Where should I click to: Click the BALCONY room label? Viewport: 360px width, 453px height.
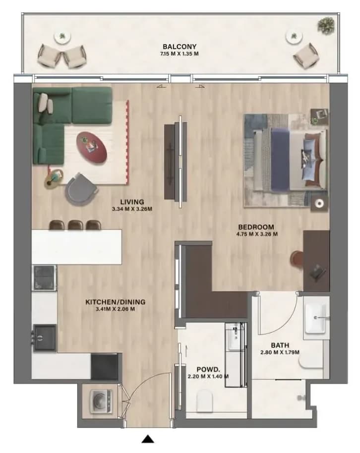tap(180, 47)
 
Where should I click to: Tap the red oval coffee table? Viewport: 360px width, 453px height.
tap(92, 148)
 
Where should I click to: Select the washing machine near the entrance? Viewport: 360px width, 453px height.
tap(101, 401)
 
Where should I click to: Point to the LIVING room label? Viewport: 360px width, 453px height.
tap(132, 202)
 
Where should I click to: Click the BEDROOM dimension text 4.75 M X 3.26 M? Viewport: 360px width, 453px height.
tap(257, 234)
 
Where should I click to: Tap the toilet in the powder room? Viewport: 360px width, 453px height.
tap(204, 400)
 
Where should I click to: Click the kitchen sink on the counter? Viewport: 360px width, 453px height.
tap(45, 338)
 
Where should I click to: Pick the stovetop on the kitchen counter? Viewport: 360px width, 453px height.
tap(44, 278)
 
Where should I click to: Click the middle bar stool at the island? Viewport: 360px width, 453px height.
tap(75, 225)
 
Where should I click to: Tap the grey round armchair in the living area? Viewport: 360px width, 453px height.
tap(81, 189)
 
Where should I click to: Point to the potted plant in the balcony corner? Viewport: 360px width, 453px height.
tap(326, 25)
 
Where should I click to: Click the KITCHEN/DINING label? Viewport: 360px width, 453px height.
tap(116, 302)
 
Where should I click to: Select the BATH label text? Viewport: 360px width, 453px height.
tap(280, 345)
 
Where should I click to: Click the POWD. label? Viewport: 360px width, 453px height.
tap(208, 369)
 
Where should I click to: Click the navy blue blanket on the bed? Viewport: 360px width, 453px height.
tap(280, 160)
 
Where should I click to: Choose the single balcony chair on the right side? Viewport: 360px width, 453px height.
tap(306, 56)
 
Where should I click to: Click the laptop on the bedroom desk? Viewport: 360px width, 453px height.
tap(317, 272)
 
